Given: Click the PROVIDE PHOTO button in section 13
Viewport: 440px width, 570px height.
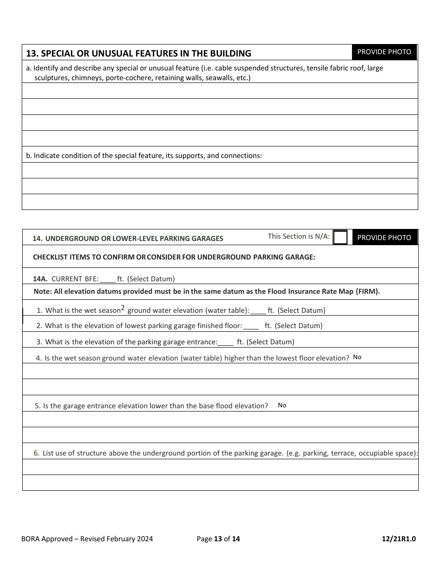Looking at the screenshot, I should tap(384, 52).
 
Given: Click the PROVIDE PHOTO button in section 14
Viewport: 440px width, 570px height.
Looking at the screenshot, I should tap(384, 237).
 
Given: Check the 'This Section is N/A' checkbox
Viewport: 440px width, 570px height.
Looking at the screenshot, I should tap(340, 237).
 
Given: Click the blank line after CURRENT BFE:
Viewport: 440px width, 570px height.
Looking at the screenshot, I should tap(108, 279).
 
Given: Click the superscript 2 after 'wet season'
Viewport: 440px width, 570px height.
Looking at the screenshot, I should tap(123, 307).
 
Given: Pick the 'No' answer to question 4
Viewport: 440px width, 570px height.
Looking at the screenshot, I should tap(357, 357).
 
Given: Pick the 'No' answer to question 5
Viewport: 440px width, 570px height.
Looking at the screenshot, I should tap(282, 405).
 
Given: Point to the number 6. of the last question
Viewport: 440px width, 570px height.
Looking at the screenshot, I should tap(37, 453).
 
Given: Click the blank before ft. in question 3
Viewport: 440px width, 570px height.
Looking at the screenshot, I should tap(226, 342).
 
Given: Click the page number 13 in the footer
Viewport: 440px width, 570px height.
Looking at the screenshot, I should tap(218, 539).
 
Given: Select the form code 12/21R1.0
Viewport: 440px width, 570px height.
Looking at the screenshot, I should tap(399, 539).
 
